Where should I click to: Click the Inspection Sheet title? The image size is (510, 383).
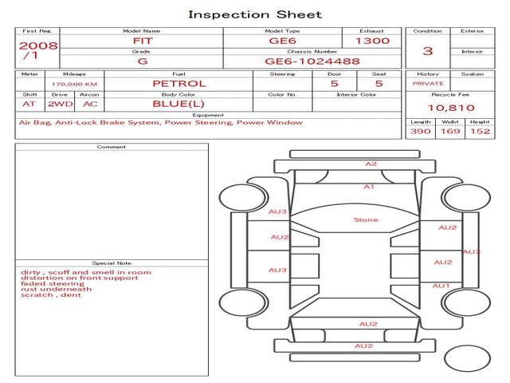pos(255,14)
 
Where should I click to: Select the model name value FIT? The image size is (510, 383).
pos(142,40)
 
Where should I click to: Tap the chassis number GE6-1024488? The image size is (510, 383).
pos(312,61)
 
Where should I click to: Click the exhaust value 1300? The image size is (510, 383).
pos(372,41)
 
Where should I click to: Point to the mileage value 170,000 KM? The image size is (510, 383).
pos(74,84)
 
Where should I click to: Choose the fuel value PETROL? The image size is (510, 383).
pos(178,83)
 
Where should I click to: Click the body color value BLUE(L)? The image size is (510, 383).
pos(178,104)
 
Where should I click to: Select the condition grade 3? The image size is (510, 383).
pos(428,51)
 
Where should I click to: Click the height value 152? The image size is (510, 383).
pos(479,131)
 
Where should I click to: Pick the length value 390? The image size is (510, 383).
pos(420,131)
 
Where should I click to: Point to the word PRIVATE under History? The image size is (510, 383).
pos(428,84)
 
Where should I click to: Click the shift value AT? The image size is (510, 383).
pos(29,104)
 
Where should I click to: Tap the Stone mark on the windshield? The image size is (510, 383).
pos(366,219)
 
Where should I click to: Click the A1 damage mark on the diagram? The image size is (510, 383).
pos(368,187)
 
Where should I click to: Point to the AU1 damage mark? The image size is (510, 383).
pos(441,286)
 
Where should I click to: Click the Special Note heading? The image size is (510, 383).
pos(111,263)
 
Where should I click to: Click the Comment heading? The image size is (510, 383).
pos(111,147)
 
